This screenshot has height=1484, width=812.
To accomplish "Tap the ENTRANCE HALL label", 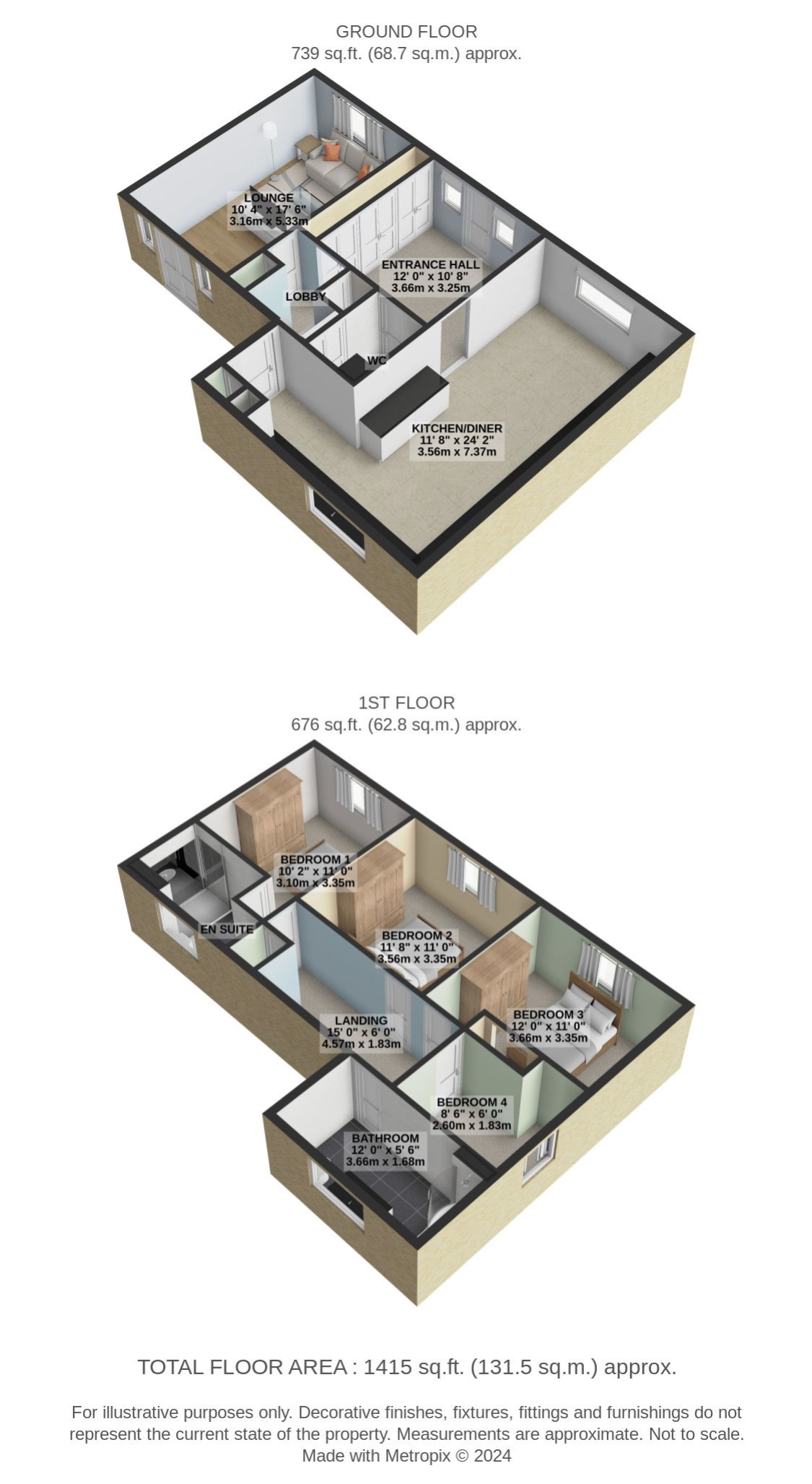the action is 430,264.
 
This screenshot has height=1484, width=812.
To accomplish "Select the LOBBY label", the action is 305,296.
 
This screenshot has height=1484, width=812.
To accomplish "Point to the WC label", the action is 377,360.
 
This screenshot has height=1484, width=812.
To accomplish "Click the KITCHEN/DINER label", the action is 457,428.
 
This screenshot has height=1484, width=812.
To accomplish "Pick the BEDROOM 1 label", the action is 315,859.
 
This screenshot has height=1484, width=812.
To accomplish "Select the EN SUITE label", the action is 227,929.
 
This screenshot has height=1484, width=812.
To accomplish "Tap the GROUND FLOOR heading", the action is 406,32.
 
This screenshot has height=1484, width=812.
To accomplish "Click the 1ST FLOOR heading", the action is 406,703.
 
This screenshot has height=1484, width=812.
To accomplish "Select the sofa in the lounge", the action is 337,165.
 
